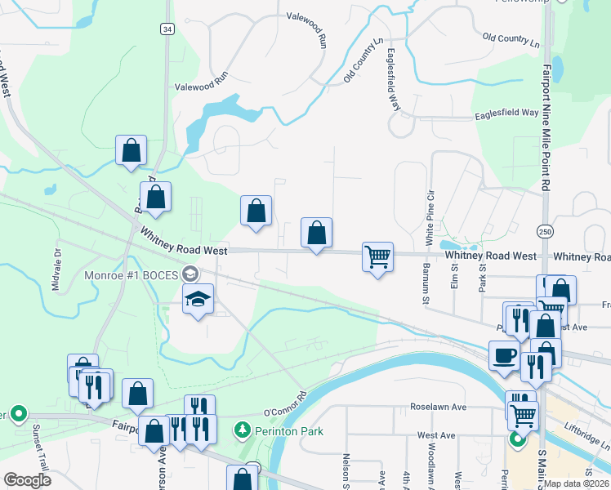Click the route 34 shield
pyautogui.click(x=167, y=29)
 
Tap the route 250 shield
pyautogui.click(x=545, y=232)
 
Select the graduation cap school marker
pyautogui.click(x=198, y=300)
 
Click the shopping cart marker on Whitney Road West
pyautogui.click(x=377, y=257)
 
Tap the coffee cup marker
pyautogui.click(x=504, y=356)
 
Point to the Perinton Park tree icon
pyautogui.click(x=243, y=430)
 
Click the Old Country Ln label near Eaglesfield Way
pyautogui.click(x=363, y=60)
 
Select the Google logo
pyautogui.click(x=27, y=480)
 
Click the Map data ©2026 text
pyautogui.click(x=576, y=483)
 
